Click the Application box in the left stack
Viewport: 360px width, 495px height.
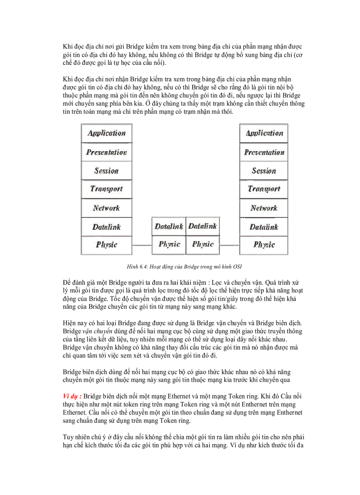(106, 133)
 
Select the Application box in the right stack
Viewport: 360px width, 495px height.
(264, 133)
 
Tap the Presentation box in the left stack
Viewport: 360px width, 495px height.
(106, 152)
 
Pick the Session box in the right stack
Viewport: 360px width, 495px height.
(264, 171)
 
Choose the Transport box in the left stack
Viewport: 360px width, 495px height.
(106, 189)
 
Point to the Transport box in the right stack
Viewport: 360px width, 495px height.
(264, 189)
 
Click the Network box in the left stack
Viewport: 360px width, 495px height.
(106, 208)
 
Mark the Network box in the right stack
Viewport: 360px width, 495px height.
(264, 208)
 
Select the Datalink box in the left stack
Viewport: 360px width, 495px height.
(106, 227)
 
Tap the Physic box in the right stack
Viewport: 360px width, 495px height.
(264, 245)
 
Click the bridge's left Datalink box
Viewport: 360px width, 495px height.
(169, 227)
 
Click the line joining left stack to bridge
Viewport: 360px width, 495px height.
(142, 245)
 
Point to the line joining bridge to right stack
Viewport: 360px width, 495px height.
(229, 245)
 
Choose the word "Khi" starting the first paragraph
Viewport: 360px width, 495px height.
(67, 46)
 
